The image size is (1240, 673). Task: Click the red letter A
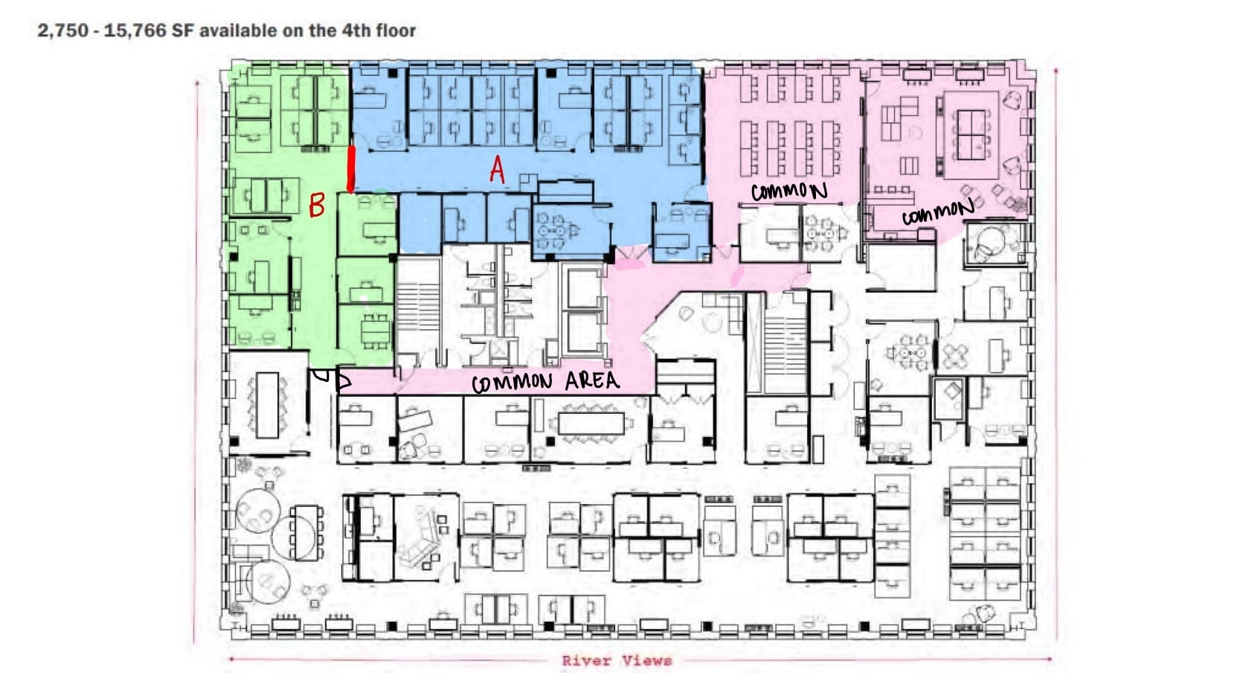497,170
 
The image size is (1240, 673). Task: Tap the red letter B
317,205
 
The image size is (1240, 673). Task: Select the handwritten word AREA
591,381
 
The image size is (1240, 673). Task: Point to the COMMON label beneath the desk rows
788,191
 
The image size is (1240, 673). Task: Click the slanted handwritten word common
937,211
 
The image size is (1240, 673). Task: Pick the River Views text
617,660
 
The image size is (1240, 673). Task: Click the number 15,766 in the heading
135,31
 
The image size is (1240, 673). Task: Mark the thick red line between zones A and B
351,168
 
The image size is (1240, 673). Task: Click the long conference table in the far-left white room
266,405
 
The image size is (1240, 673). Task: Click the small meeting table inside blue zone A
552,232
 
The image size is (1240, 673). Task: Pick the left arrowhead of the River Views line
232,659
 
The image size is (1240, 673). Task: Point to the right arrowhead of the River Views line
1050,659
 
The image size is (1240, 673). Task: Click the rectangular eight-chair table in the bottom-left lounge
307,533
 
